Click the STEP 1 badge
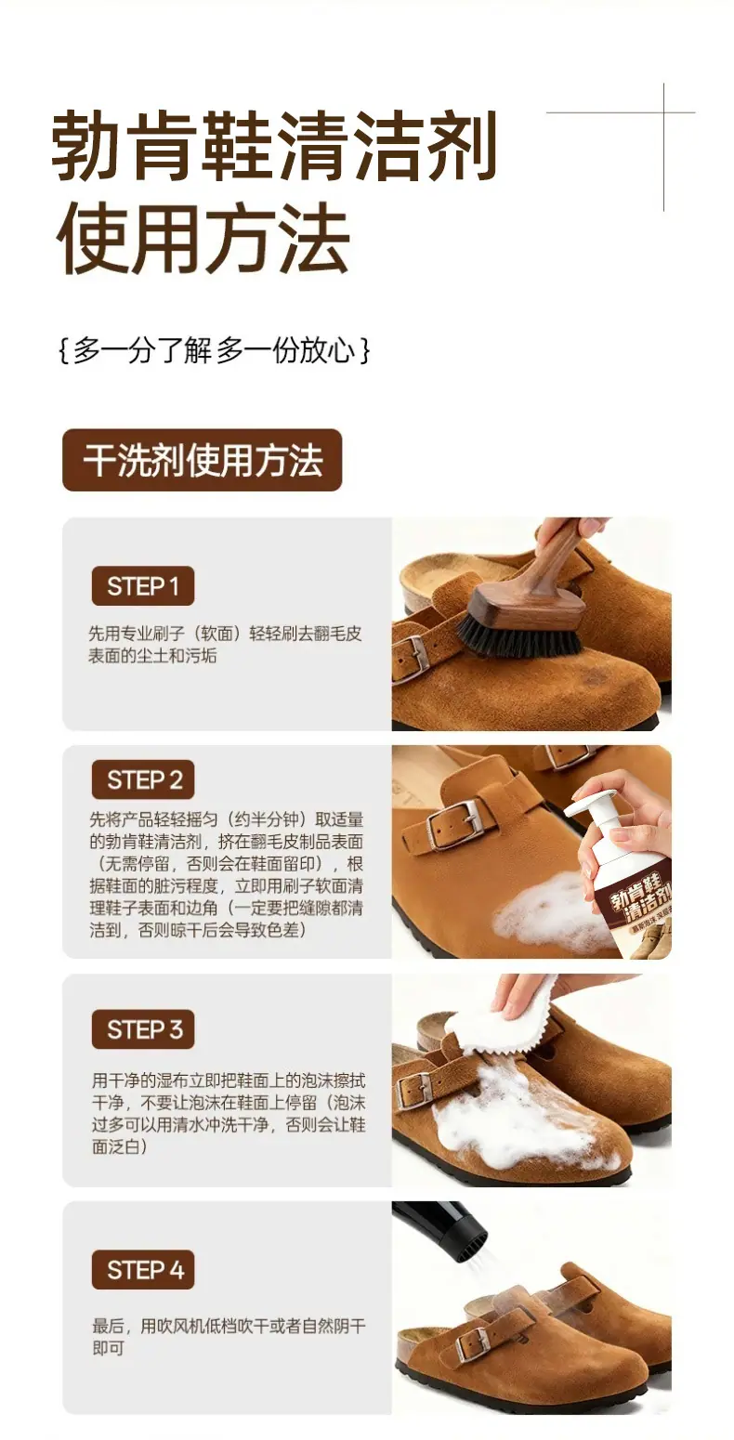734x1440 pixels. pos(143,585)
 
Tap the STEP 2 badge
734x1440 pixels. pos(143,779)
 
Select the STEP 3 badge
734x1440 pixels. pos(143,1029)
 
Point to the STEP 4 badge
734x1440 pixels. pos(143,1270)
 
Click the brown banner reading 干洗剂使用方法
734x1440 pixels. pos(202,460)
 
